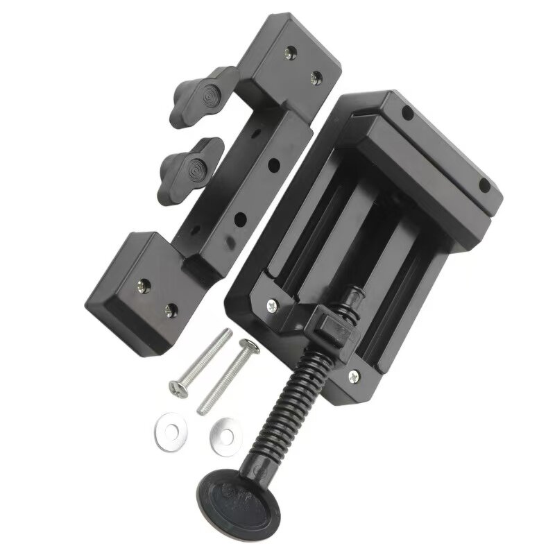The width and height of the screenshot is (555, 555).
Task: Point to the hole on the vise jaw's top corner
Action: (407, 112)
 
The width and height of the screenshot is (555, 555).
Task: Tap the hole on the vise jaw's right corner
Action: (485, 186)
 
